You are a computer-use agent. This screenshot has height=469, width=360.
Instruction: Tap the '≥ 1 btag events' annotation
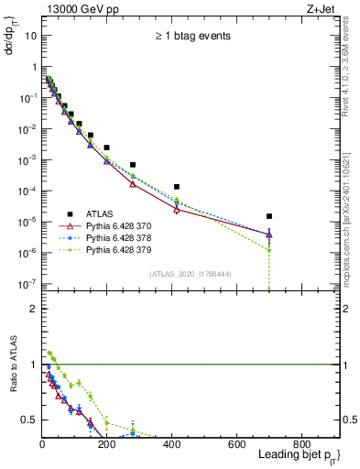tap(191, 36)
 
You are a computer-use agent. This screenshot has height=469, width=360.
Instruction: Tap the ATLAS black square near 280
tap(133, 165)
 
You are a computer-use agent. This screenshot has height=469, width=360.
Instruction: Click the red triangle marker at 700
tap(268, 234)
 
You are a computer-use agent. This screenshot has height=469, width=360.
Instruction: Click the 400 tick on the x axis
tap(172, 444)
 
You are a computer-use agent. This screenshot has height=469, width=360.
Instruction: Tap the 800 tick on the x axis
tap(301, 444)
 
